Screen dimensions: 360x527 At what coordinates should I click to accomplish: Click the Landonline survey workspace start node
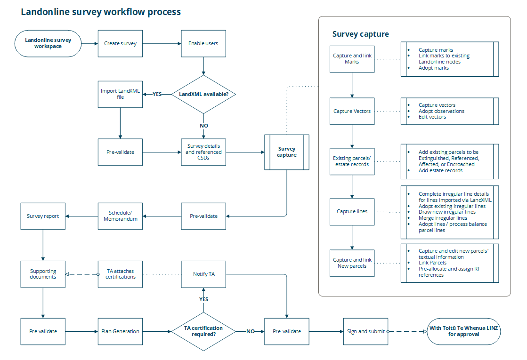tap(48, 43)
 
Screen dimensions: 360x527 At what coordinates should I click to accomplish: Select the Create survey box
tap(120, 43)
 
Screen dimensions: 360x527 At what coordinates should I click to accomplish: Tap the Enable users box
tap(203, 43)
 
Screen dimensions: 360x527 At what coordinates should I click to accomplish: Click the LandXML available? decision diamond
tap(203, 94)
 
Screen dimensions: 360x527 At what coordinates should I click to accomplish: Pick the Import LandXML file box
tap(120, 94)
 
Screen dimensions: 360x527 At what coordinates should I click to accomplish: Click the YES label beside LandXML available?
tap(157, 94)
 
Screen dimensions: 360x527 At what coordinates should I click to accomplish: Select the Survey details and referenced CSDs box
tap(203, 152)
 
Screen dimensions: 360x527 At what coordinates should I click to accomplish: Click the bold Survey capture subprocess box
tap(287, 152)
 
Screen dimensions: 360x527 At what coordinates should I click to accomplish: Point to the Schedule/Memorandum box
tap(120, 216)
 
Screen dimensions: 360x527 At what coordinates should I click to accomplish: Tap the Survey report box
tap(43, 216)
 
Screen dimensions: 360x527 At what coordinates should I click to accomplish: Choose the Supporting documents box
tap(43, 274)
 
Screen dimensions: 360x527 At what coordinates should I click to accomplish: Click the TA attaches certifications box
tap(120, 274)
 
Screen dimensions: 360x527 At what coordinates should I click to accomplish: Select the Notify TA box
tap(203, 274)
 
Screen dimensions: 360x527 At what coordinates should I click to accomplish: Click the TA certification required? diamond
tap(203, 331)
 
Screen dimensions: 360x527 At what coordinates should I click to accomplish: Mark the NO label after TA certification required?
tap(251, 331)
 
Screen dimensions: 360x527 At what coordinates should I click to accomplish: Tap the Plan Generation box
tap(120, 331)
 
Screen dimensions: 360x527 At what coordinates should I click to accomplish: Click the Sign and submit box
tap(365, 331)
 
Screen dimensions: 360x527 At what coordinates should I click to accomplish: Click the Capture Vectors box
tap(352, 111)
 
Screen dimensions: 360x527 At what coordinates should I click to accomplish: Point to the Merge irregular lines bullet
tap(443, 218)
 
